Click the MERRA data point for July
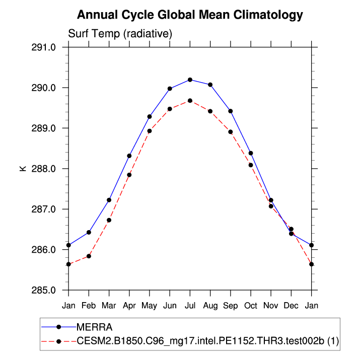click(x=190, y=80)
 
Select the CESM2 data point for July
click(x=190, y=101)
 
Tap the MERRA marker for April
click(x=129, y=156)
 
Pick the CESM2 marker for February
click(x=89, y=256)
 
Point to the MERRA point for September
click(x=230, y=111)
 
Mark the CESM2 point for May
click(x=150, y=131)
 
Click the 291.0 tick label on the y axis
click(x=44, y=47)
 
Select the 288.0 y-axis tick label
click(x=44, y=169)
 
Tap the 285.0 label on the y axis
click(x=44, y=290)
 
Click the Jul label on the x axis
click(x=190, y=306)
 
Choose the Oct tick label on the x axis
click(x=251, y=306)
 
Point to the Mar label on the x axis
click(x=109, y=306)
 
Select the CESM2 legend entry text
click(x=207, y=341)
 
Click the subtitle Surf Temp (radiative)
click(x=120, y=34)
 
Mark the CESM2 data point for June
click(x=170, y=109)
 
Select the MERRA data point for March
click(x=109, y=200)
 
